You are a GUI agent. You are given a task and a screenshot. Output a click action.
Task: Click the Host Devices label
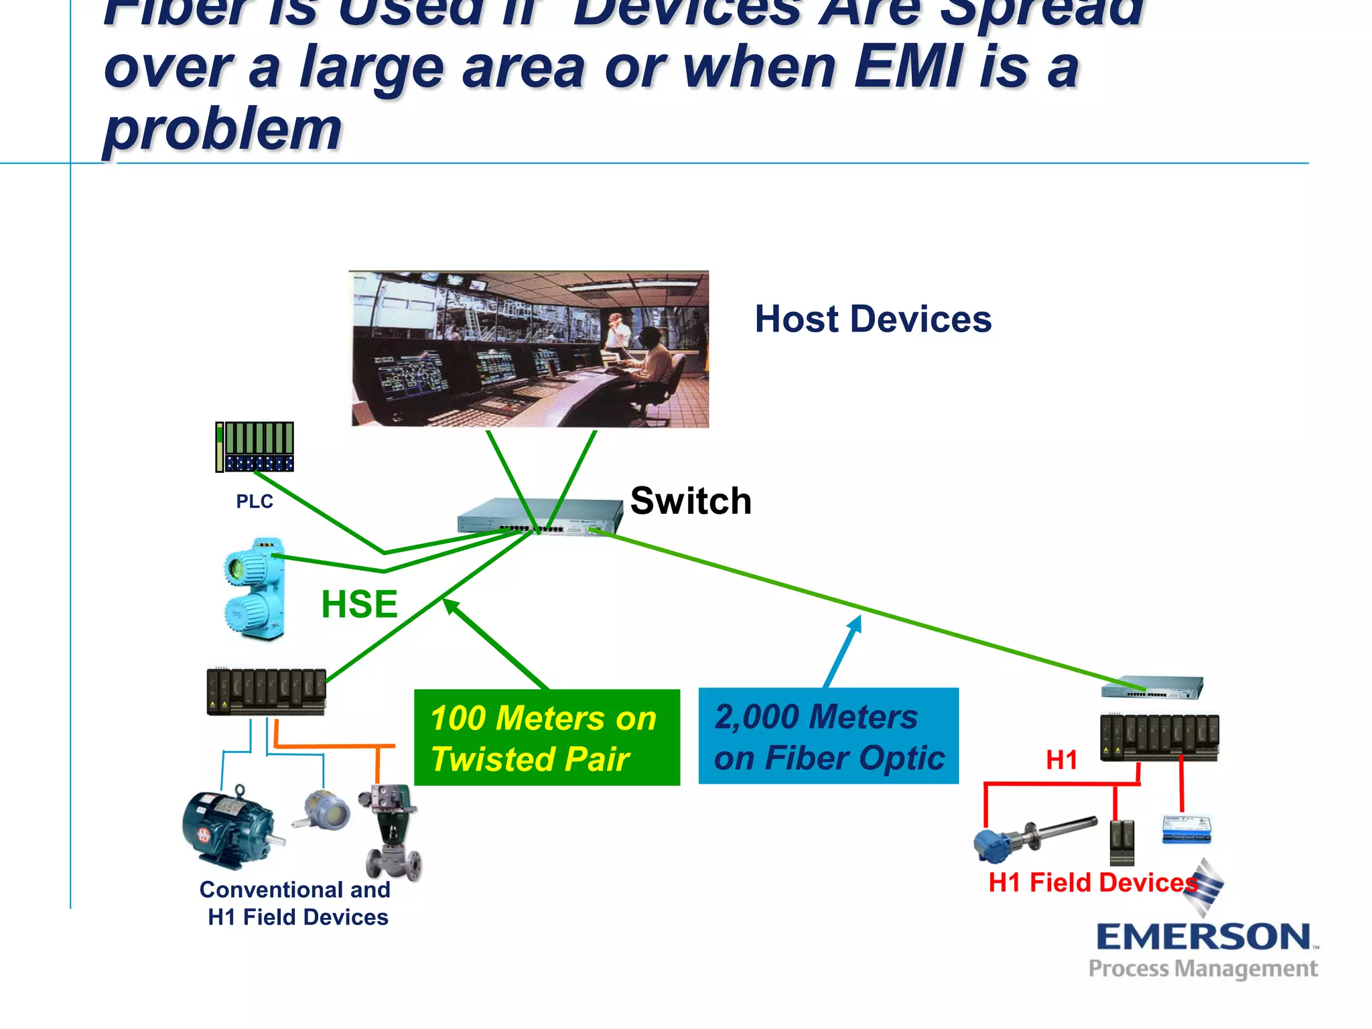point(872,319)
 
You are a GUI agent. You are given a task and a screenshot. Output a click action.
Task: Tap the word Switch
point(691,501)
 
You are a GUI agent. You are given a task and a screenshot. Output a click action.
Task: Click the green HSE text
point(359,604)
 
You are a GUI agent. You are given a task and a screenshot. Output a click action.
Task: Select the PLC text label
point(255,501)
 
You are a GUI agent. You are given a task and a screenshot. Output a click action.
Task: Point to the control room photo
point(529,348)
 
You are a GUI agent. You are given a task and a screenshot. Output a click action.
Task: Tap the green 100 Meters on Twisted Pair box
point(547,738)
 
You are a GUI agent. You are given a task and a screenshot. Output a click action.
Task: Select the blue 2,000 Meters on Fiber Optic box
point(828,736)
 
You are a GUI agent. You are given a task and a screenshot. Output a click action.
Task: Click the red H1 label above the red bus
point(1061,760)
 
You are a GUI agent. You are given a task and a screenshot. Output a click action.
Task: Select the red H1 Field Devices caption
point(1092,883)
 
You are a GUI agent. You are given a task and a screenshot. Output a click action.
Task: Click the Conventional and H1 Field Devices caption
point(295,903)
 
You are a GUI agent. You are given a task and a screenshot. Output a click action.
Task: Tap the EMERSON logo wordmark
point(1203,937)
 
